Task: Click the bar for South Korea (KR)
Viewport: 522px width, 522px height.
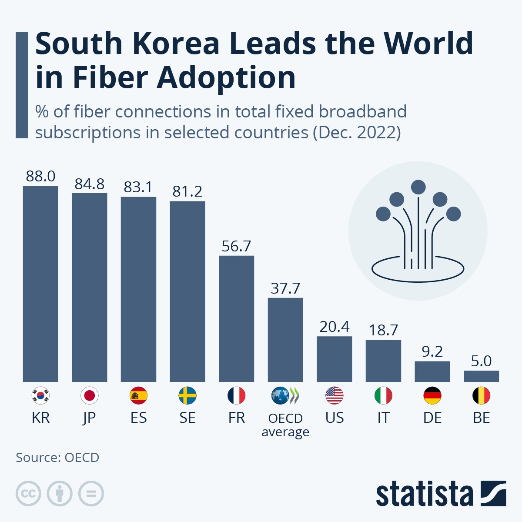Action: point(40,284)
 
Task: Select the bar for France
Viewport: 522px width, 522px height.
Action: point(236,318)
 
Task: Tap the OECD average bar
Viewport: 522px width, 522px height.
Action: point(285,340)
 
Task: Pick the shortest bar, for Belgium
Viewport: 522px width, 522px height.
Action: point(481,376)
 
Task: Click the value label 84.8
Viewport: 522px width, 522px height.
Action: point(89,184)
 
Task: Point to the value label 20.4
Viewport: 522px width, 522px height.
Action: point(334,327)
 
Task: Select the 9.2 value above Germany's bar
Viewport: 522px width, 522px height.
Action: point(432,351)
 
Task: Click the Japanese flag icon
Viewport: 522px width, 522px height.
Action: point(89,396)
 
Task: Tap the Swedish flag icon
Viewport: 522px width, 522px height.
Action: point(187,396)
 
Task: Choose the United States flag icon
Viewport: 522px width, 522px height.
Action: point(334,396)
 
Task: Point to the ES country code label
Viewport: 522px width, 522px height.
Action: point(138,418)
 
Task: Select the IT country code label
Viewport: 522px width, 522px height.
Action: point(383,418)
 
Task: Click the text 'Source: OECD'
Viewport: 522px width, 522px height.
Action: point(57,458)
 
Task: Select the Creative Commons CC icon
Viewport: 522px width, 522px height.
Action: point(28,494)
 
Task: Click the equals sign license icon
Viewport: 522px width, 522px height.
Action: point(91,494)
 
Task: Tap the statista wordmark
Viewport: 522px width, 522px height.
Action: point(424,494)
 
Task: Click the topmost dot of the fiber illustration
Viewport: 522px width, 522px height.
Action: point(418,187)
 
